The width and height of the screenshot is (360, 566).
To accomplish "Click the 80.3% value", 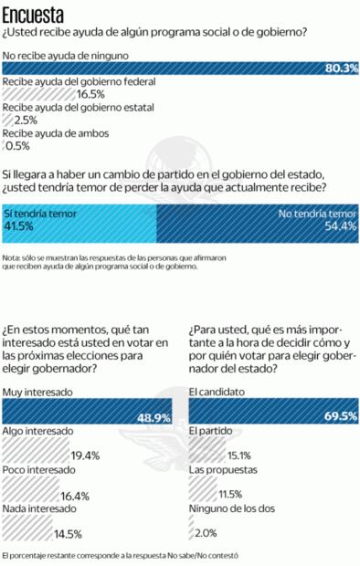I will (341, 68).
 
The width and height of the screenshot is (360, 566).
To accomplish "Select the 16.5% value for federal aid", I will (90, 93).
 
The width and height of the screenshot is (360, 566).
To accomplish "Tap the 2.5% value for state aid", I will (26, 119).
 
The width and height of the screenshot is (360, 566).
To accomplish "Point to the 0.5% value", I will (18, 144).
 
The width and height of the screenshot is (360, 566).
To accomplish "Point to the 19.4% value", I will (85, 456).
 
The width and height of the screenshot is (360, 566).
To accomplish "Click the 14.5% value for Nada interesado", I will (68, 533).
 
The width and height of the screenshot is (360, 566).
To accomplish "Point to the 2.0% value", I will (206, 533).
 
